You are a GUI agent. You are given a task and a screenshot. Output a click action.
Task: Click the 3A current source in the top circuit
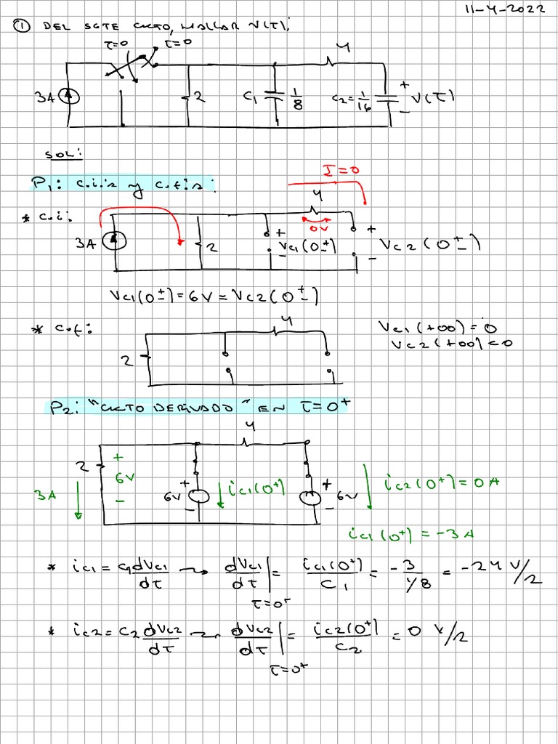pyautogui.click(x=70, y=97)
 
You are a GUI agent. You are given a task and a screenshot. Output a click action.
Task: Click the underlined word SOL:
pyautogui.click(x=64, y=154)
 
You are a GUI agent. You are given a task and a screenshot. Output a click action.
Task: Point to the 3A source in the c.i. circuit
pyautogui.click(x=112, y=240)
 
